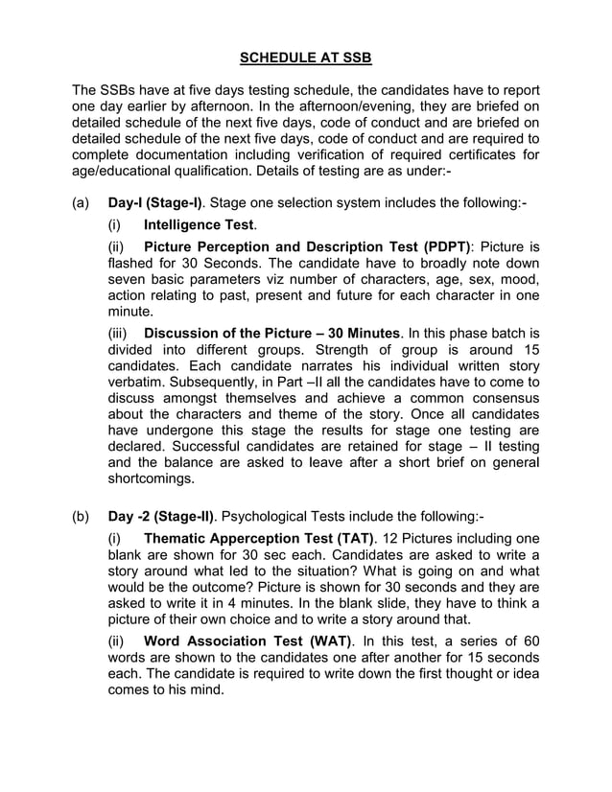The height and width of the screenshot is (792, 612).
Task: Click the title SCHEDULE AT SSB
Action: (x=305, y=58)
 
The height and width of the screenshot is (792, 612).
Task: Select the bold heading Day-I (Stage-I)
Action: (x=155, y=204)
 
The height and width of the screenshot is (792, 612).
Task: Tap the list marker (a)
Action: (x=83, y=204)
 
